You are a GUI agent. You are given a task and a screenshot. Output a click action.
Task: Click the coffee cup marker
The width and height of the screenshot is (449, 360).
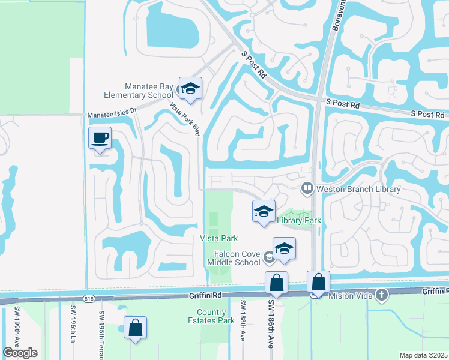pos(100,138)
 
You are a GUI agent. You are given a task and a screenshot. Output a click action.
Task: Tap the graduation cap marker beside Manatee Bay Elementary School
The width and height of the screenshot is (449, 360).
pos(190,89)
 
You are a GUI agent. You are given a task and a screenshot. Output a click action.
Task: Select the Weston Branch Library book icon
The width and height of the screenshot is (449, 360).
pos(307,189)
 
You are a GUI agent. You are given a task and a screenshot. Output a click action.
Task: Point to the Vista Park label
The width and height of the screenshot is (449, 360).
pos(214,239)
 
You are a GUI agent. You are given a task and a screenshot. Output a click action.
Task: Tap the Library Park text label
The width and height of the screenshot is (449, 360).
pos(299,220)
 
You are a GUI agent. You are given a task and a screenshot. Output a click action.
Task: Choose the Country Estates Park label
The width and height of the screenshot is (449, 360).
pos(217,316)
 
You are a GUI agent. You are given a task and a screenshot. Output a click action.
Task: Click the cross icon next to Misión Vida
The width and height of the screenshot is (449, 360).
pos(380,295)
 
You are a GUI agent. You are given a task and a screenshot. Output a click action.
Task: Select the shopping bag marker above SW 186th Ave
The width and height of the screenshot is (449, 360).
pos(276,282)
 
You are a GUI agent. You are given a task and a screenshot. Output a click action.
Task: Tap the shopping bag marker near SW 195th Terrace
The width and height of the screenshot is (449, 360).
pos(136,328)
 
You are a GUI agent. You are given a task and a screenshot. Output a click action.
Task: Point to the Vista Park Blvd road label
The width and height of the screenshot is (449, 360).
pos(184,118)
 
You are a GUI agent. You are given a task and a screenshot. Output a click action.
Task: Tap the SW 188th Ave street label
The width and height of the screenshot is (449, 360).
pos(242,329)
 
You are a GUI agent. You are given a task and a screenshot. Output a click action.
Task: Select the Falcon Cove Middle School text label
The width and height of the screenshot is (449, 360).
pos(234,258)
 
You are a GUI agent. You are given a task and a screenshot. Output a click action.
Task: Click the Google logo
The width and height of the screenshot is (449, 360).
pos(20,353)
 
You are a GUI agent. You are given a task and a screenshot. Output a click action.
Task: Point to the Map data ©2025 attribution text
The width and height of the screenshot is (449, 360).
pos(424,355)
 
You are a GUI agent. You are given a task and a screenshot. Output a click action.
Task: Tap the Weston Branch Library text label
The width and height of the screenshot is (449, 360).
pos(358,189)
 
